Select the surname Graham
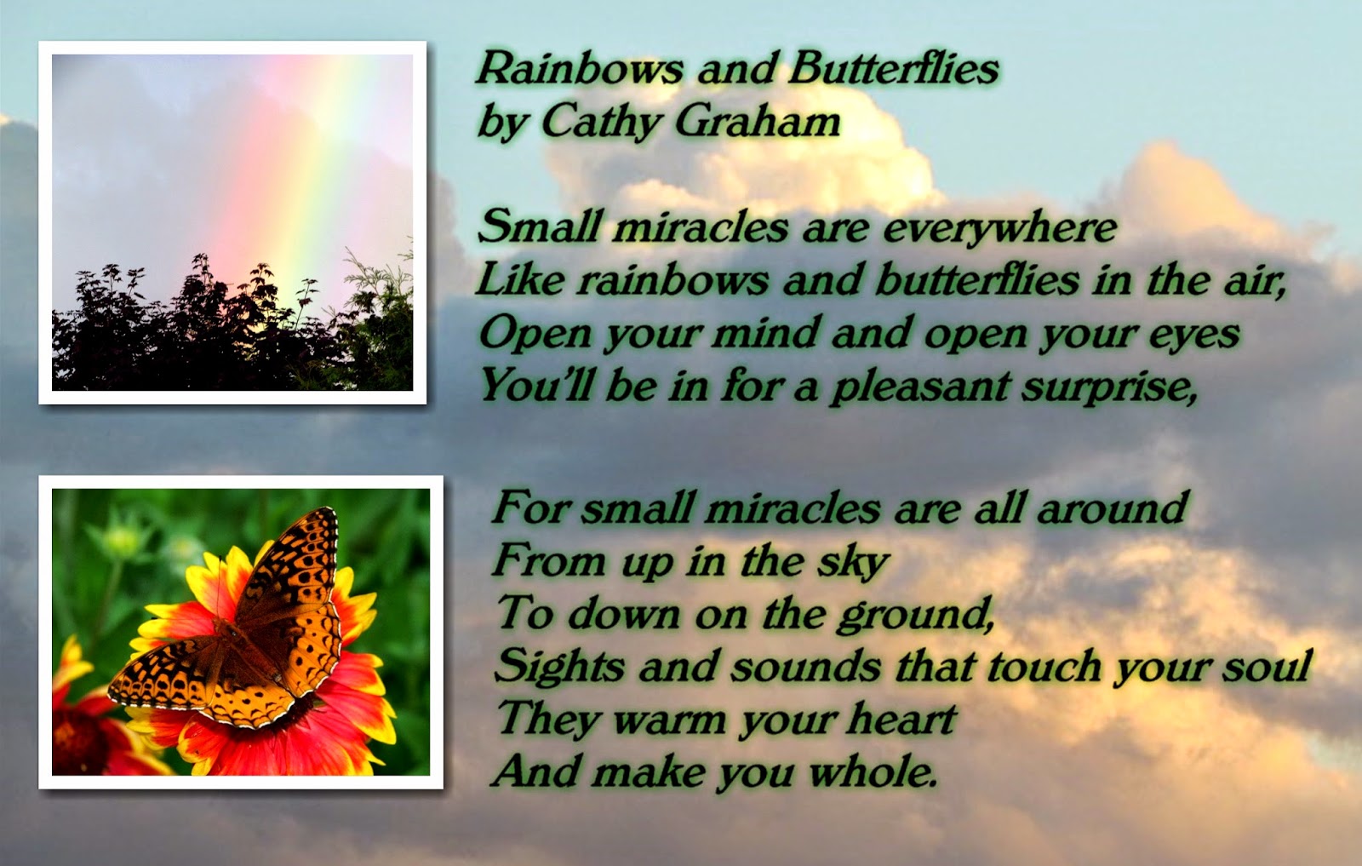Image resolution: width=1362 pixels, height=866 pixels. click(x=758, y=121)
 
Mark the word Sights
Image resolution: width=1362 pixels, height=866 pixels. click(x=559, y=667)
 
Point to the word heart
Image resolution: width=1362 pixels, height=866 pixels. click(x=901, y=718)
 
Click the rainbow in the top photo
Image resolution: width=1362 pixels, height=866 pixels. click(x=298, y=182)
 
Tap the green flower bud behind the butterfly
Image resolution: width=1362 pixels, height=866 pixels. click(x=122, y=539)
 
